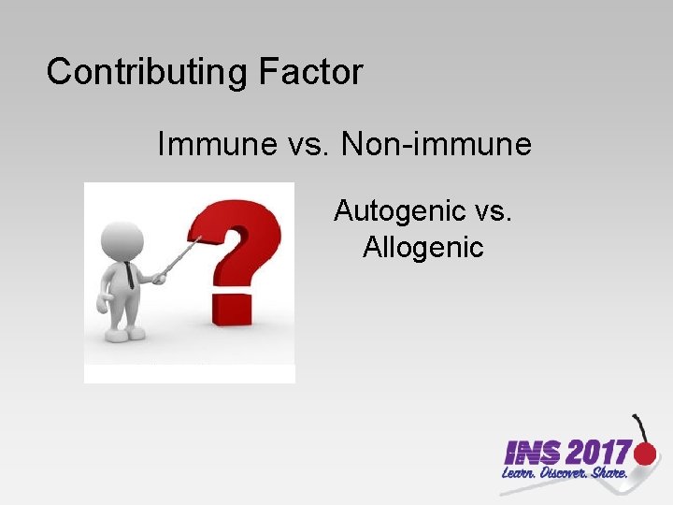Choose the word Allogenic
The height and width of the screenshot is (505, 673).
click(x=422, y=247)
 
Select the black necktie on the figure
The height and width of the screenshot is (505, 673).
click(x=128, y=273)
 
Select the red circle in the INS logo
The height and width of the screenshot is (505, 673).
click(x=645, y=454)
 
